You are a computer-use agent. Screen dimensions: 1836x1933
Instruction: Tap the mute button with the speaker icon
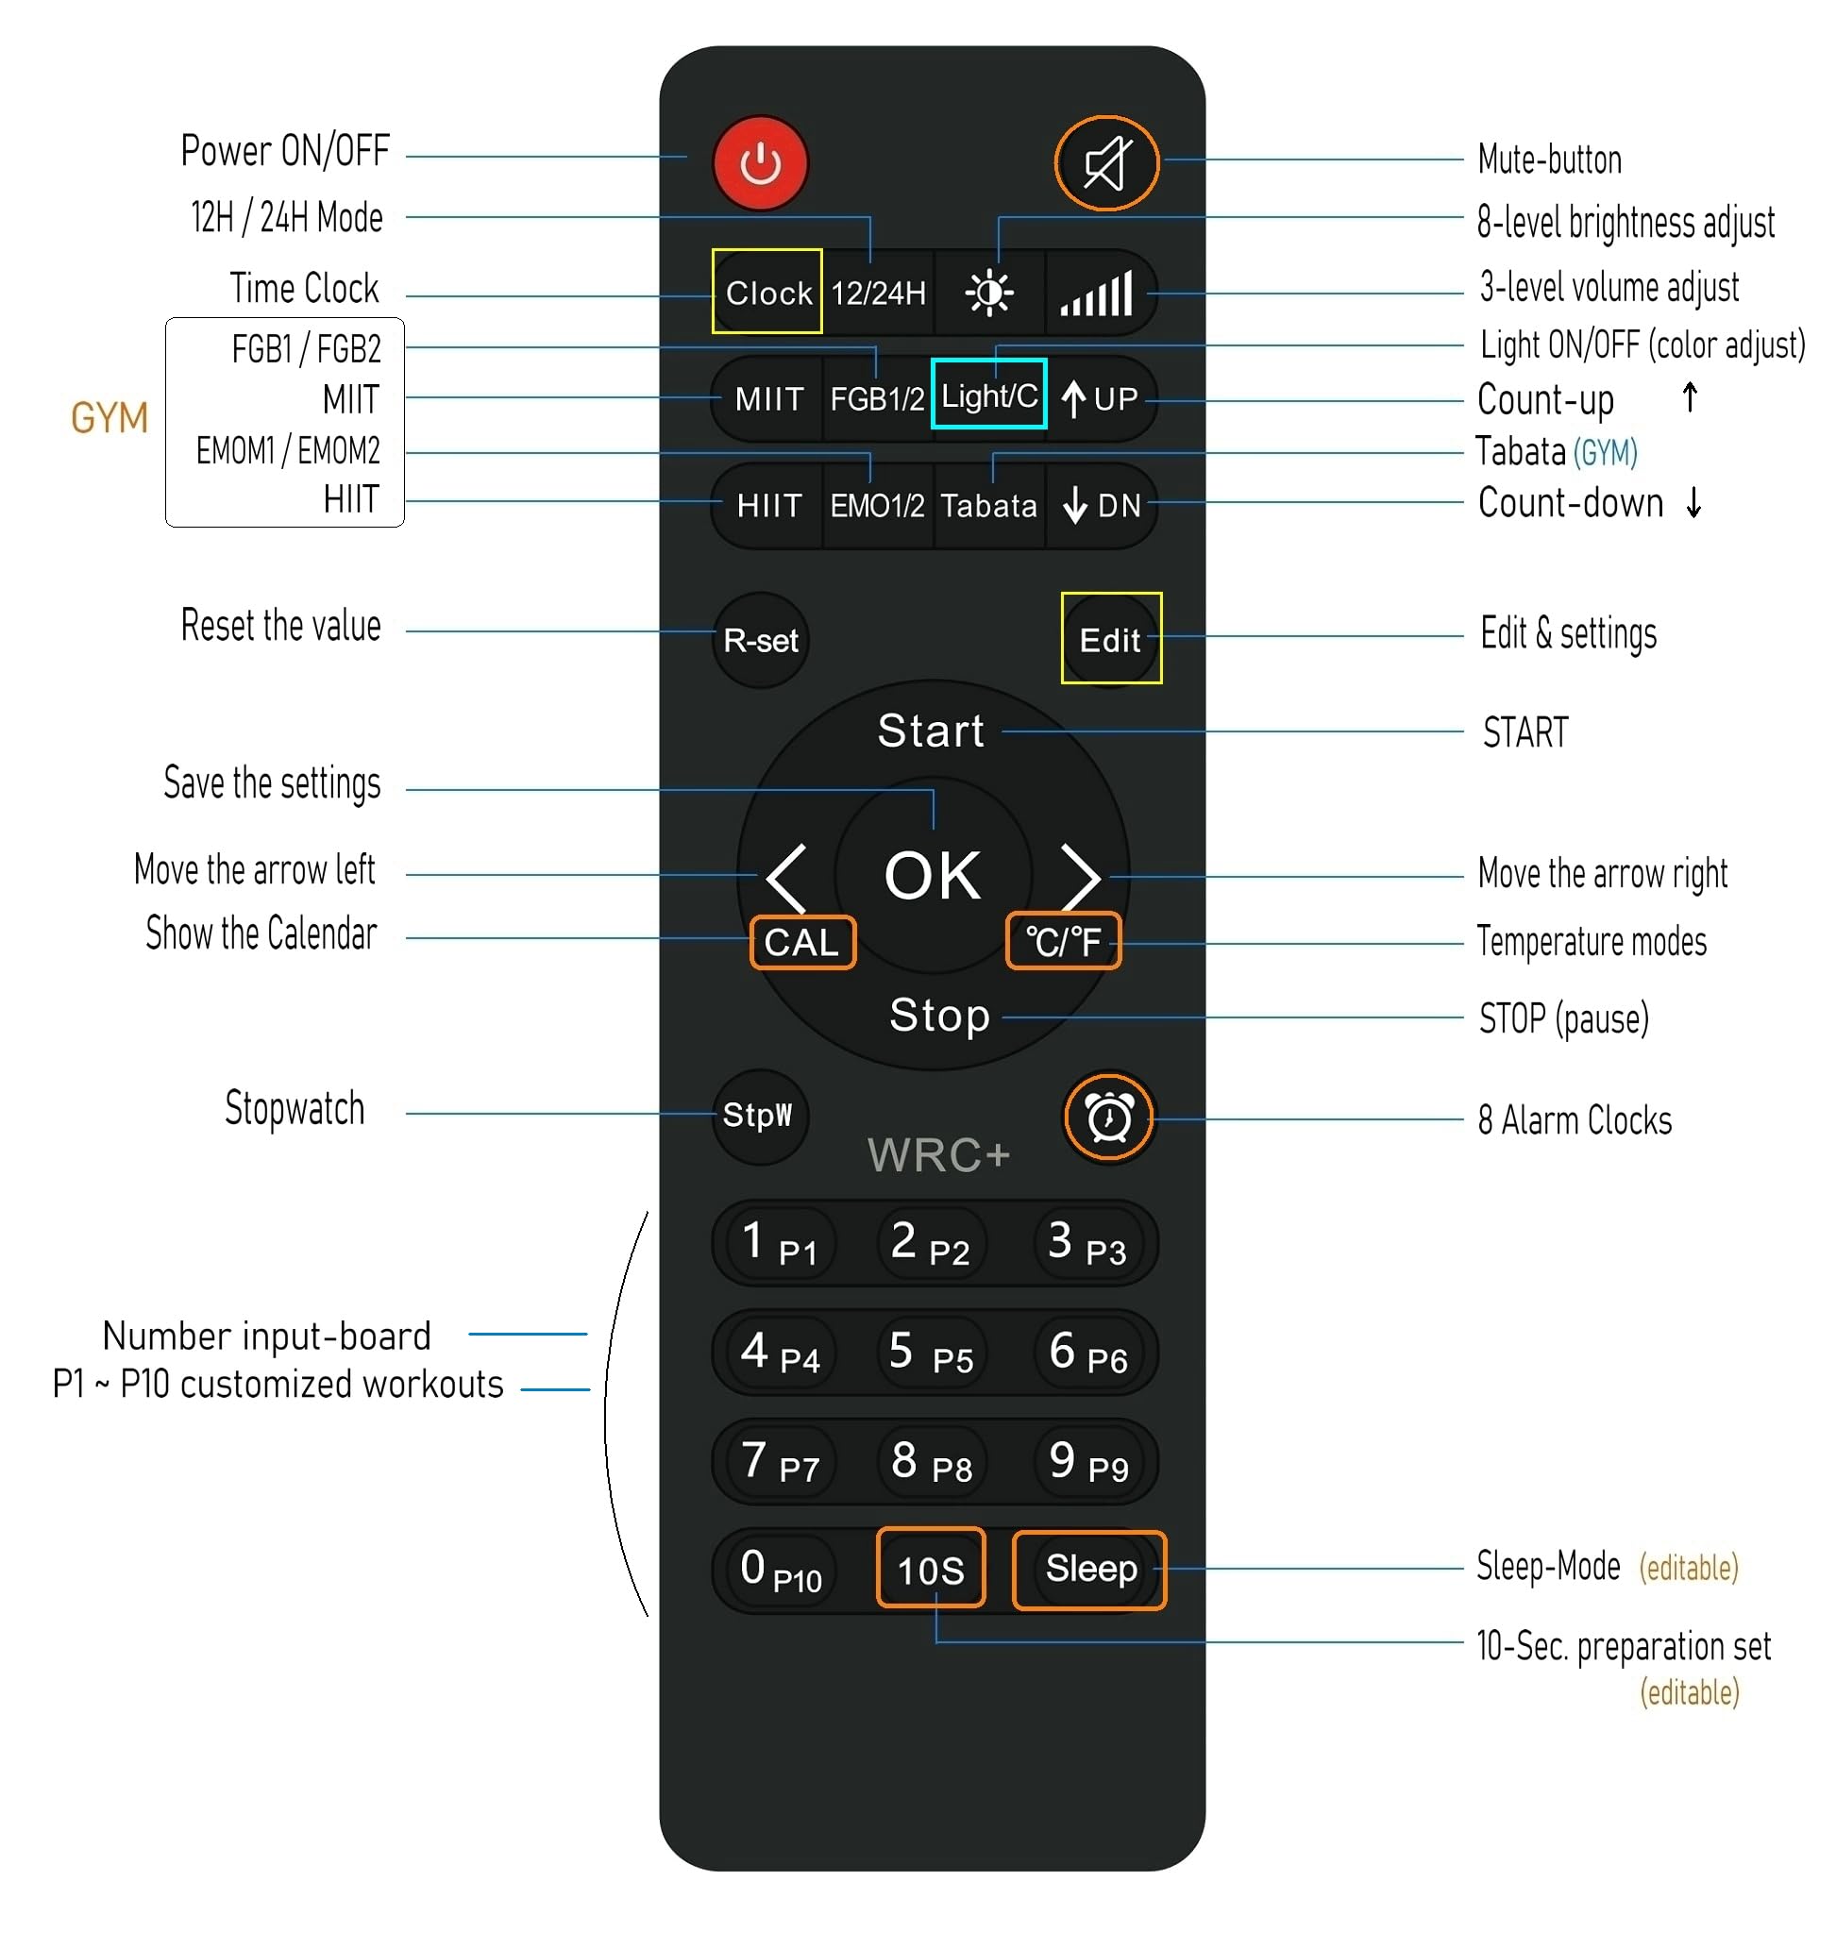[1106, 162]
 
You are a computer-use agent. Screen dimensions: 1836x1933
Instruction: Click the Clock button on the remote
[767, 292]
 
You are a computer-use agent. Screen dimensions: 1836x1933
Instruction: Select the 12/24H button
[878, 293]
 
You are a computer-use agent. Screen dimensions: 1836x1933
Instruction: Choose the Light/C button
[988, 394]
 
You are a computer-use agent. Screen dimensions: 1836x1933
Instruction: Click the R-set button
[761, 640]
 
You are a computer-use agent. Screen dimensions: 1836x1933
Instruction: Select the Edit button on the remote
[1111, 638]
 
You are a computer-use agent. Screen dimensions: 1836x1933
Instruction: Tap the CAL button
[802, 943]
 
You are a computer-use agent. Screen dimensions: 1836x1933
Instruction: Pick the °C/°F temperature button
[1063, 942]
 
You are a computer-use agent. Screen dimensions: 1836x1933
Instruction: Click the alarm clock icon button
[1109, 1117]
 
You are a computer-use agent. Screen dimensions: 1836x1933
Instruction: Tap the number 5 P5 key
[931, 1353]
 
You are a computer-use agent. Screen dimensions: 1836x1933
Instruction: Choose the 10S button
[931, 1568]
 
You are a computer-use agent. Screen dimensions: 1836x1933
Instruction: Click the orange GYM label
[109, 418]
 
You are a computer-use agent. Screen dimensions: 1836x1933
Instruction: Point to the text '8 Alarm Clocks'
[1575, 1119]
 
